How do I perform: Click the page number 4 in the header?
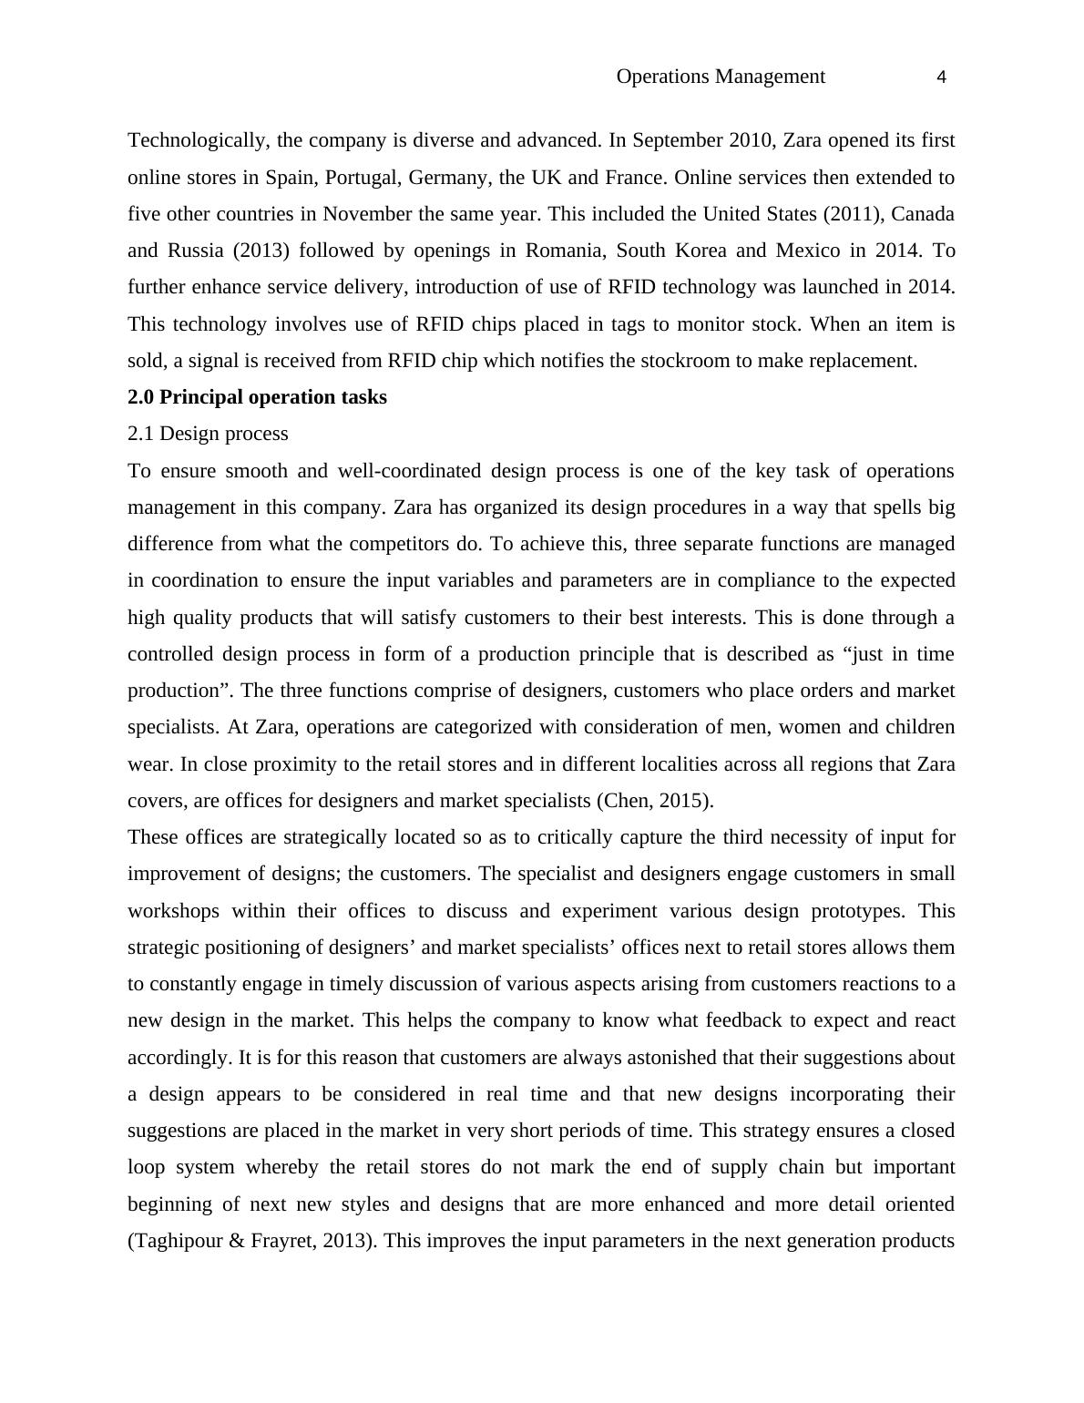tap(941, 77)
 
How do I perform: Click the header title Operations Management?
tap(721, 77)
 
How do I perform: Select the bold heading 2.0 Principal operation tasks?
tap(257, 397)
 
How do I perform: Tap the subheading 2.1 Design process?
tap(208, 434)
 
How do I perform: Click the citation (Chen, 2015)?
tap(654, 801)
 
